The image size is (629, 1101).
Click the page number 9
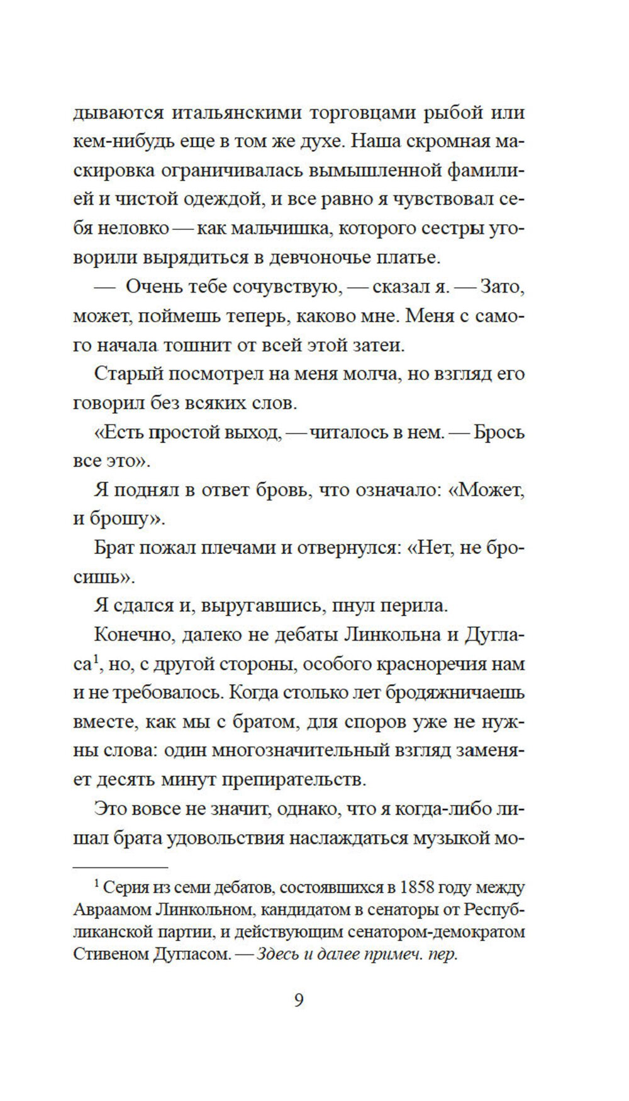(299, 1000)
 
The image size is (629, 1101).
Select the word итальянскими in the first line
(236, 113)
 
